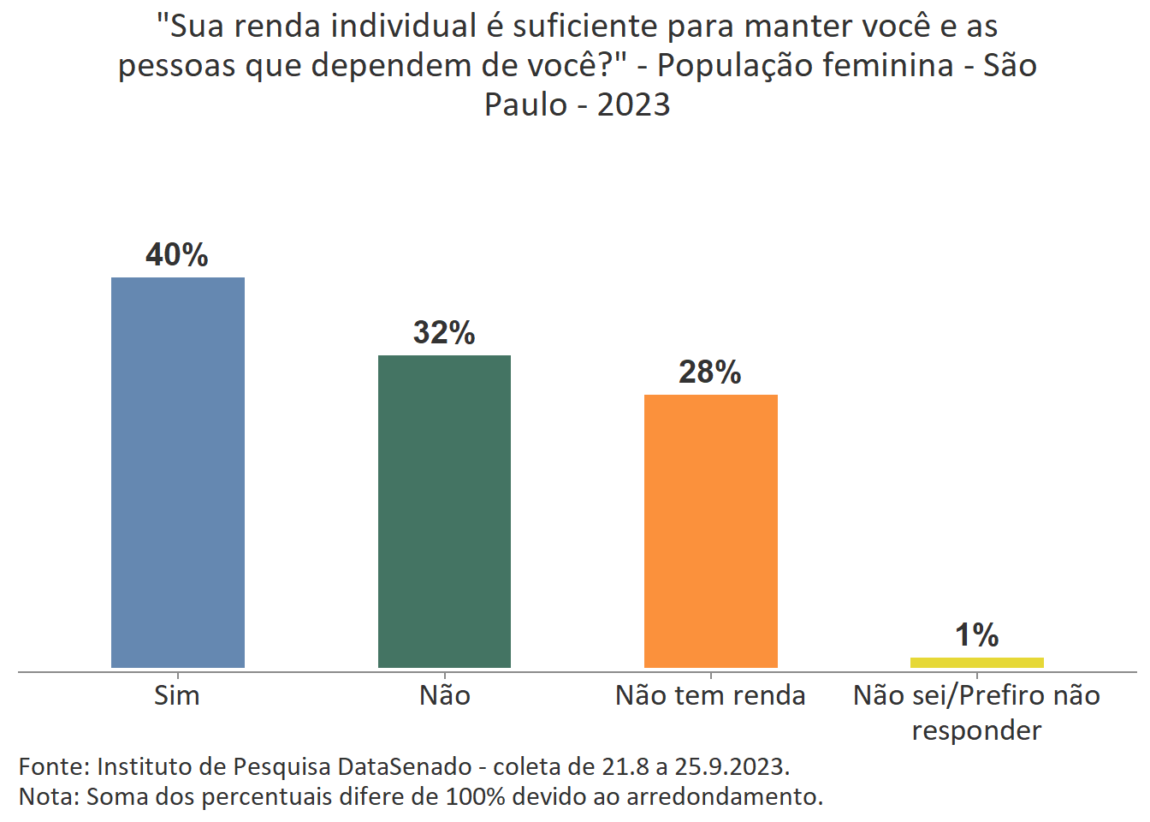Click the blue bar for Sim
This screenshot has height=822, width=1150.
tap(178, 472)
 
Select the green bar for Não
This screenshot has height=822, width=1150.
tap(444, 511)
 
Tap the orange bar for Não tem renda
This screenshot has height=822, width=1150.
tap(710, 531)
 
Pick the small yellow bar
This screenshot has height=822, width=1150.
tap(976, 662)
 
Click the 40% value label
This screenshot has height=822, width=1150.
tap(177, 255)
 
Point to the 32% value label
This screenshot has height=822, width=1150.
tap(444, 333)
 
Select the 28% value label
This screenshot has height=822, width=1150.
tap(710, 372)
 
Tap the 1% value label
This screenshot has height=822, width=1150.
tap(976, 635)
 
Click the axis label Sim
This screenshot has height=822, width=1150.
tap(177, 695)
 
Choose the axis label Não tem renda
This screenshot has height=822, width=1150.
tap(710, 695)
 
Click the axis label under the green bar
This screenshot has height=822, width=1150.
tap(444, 695)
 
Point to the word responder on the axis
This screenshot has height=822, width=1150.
tap(976, 730)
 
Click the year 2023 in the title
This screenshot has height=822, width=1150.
tap(633, 104)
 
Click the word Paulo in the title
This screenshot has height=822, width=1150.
tap(525, 104)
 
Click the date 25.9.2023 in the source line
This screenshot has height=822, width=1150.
tap(731, 766)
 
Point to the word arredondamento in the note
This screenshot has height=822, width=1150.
tap(724, 796)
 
